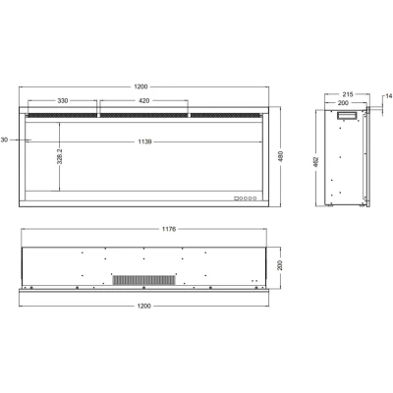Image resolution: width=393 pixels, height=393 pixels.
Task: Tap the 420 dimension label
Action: pyautogui.click(x=142, y=100)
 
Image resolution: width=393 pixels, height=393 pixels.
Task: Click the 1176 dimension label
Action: pyautogui.click(x=143, y=233)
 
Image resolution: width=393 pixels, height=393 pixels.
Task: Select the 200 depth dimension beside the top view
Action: pyautogui.click(x=281, y=265)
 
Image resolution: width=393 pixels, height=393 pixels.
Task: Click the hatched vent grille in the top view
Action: pyautogui.click(x=143, y=281)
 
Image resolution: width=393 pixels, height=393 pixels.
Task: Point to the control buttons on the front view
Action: pyautogui.click(x=246, y=196)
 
